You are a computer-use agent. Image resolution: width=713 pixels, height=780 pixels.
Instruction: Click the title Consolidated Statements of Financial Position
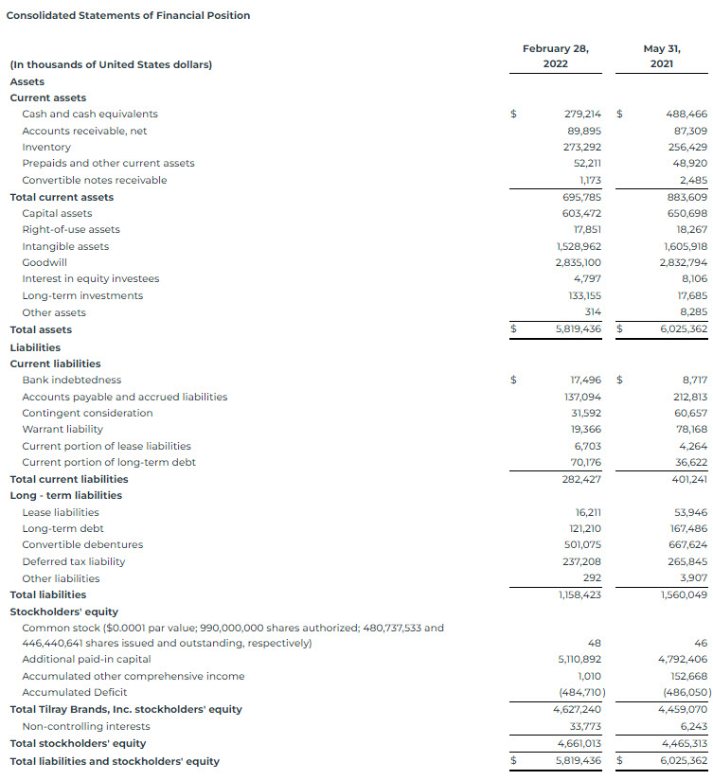pos(129,16)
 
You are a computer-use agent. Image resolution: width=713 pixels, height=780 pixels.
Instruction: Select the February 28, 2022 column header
pos(556,56)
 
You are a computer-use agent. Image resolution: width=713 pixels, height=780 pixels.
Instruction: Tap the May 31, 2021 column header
pos(662,56)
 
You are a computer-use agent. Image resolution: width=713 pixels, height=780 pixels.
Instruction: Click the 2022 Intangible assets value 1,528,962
pos(578,246)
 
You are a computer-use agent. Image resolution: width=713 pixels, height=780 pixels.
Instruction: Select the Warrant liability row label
pos(62,429)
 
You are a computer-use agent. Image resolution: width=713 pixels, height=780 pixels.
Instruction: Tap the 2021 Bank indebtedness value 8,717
pos(691,380)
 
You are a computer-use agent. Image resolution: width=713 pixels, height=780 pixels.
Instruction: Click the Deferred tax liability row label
pos(74,561)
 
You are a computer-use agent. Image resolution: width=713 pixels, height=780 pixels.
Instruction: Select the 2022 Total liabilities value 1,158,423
pos(578,594)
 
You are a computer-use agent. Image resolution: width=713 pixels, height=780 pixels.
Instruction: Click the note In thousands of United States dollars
pos(111,64)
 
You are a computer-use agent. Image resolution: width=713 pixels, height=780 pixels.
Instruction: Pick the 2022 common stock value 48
pos(595,643)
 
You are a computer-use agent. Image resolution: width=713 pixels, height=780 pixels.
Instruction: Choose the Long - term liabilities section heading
pos(66,495)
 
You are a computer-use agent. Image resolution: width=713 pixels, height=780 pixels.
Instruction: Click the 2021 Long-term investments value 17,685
pos(690,295)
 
